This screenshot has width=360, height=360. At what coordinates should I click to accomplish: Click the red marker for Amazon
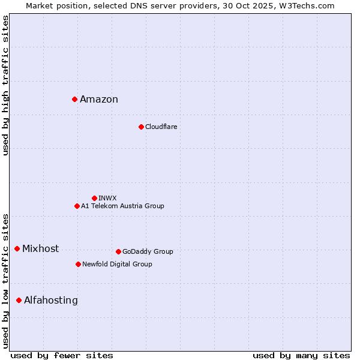pos(74,99)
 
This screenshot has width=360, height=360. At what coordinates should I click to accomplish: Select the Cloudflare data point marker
pos(141,127)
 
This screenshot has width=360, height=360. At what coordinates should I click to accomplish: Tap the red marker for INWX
pos(94,198)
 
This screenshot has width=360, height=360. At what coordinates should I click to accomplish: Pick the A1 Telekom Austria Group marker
pos(77,206)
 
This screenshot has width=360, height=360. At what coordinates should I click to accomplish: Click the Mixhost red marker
pos(17,248)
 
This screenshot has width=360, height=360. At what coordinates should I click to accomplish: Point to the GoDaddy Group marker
pos(118,251)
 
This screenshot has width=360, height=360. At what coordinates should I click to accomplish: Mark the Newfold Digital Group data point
pos(78,264)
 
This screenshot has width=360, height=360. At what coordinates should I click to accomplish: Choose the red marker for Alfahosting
pos(19,300)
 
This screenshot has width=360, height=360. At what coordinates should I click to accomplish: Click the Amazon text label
pos(99,100)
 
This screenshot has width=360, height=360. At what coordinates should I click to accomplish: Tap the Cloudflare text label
pos(161,127)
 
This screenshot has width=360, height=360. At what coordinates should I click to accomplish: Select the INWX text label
pos(107,198)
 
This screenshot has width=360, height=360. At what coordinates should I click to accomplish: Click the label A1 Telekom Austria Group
pos(122,206)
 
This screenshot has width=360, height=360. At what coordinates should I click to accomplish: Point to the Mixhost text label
pos(40,249)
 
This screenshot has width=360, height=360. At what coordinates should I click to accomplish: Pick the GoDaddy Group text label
pos(148,252)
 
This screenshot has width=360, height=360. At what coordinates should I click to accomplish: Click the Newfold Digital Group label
pos(117,265)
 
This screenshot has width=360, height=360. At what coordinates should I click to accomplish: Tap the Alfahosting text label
pos(51,301)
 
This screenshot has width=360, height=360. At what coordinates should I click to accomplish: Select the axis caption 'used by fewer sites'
pos(62,355)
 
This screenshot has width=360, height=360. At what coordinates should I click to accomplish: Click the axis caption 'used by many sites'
pos(301,355)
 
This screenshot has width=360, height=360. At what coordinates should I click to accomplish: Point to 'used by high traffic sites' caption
pos(5,85)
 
